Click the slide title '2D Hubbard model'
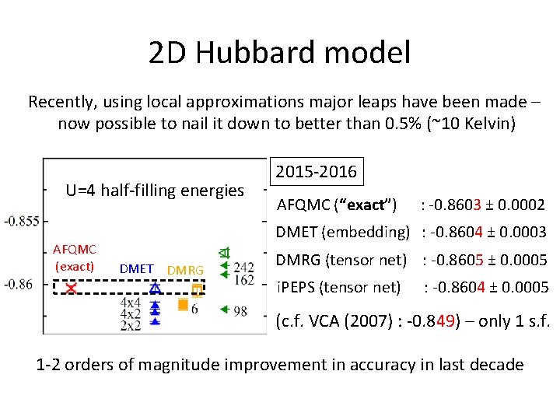click(x=279, y=53)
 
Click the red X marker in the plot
click(x=71, y=289)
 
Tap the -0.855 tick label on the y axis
click(x=21, y=222)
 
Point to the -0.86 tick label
click(x=19, y=284)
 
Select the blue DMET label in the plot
click(x=137, y=269)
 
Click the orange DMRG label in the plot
click(x=185, y=270)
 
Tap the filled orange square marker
click(x=183, y=304)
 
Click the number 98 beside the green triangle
click(x=240, y=311)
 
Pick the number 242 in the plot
click(x=243, y=268)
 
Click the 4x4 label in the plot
click(x=131, y=301)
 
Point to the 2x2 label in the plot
click(x=131, y=324)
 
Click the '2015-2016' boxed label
click(x=317, y=171)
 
